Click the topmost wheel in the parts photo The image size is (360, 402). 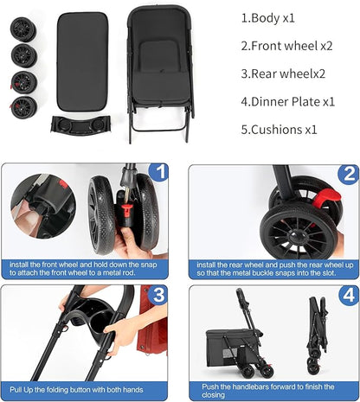point(23,29)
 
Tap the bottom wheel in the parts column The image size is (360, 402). point(23,108)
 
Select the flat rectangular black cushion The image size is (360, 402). point(82,61)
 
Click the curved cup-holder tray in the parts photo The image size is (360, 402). point(80,124)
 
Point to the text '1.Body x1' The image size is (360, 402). point(268,18)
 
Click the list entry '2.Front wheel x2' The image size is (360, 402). point(286,46)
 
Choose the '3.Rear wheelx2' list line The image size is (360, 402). point(283,73)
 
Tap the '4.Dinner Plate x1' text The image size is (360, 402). point(288,102)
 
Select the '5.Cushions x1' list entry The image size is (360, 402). point(279,130)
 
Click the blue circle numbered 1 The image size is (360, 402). point(158,172)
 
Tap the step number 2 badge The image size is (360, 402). point(348,174)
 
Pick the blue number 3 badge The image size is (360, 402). point(157,295)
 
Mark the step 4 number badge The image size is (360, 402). point(349,296)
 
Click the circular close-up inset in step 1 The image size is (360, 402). point(43,206)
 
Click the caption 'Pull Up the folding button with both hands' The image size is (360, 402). point(76,390)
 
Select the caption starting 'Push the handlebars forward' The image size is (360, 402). point(267,391)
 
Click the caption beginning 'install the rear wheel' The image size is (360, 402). point(275,269)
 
